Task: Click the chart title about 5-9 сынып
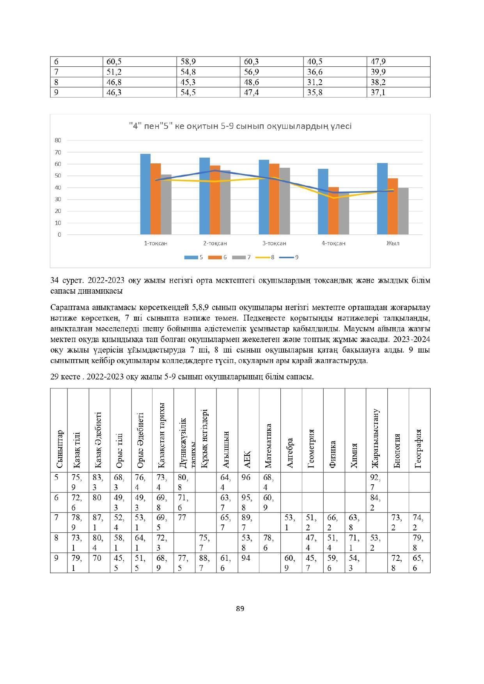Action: point(240,126)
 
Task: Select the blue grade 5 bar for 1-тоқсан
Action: point(145,194)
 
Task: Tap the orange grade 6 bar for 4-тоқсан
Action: point(333,211)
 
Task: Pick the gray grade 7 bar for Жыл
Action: point(403,211)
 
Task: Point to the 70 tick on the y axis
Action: point(58,152)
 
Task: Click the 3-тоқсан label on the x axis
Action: point(274,243)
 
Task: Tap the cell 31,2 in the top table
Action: point(315,82)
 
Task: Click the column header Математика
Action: point(268,446)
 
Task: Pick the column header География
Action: point(419,448)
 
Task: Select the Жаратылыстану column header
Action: point(376,438)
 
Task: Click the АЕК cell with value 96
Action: point(246,477)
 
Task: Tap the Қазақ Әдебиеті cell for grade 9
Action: point(97,558)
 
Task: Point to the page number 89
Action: point(240,609)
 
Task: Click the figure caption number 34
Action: point(55,280)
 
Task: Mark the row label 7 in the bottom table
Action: point(57,518)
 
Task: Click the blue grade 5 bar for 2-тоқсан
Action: point(204,196)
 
